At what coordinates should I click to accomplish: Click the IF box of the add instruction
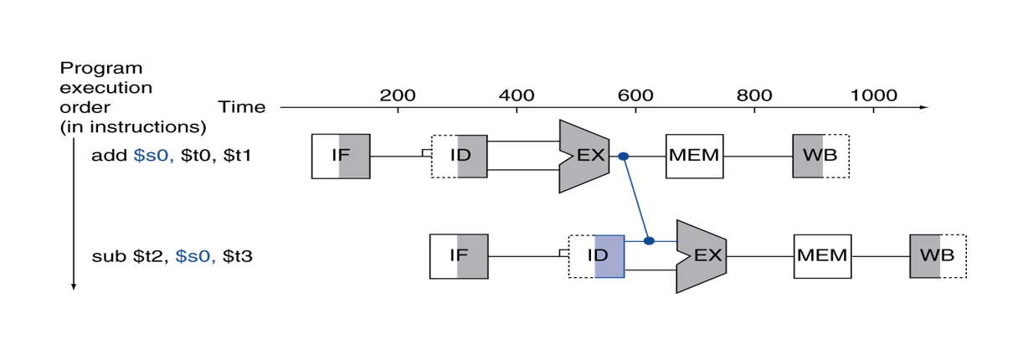(341, 156)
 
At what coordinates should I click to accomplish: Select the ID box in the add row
(459, 156)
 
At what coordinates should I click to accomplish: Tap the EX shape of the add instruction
(584, 156)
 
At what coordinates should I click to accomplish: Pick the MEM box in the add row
(694, 156)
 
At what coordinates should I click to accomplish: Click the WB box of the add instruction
(820, 156)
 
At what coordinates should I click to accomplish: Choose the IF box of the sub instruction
(459, 256)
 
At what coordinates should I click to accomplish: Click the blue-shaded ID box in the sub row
(596, 256)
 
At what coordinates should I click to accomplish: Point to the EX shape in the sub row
(701, 256)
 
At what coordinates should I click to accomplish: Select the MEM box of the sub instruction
(822, 256)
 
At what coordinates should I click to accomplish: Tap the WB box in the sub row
(938, 256)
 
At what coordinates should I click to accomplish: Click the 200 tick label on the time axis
(397, 95)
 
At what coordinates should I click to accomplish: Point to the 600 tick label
(635, 95)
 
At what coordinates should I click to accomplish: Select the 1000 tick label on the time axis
(874, 95)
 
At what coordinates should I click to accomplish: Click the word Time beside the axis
(241, 107)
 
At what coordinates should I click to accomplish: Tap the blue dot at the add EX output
(623, 157)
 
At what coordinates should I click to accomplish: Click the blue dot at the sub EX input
(649, 240)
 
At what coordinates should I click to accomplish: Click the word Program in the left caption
(101, 69)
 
